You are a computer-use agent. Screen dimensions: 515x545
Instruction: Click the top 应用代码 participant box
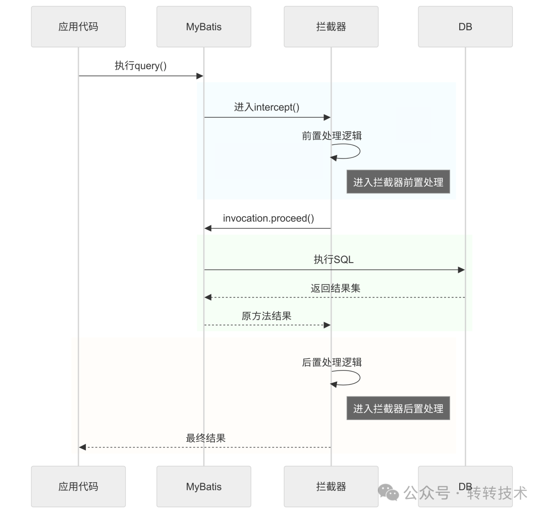point(78,27)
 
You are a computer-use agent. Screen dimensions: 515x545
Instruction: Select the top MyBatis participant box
point(203,27)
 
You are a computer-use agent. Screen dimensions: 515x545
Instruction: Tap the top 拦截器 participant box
point(331,27)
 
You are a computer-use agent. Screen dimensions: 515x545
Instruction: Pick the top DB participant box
point(465,27)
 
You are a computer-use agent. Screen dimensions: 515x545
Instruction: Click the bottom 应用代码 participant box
point(78,486)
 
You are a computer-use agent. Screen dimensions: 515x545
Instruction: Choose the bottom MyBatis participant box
point(203,486)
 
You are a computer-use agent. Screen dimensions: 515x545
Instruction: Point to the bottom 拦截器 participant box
point(331,486)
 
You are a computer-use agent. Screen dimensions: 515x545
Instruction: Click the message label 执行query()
point(140,66)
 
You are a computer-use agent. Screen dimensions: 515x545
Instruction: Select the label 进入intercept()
point(266,107)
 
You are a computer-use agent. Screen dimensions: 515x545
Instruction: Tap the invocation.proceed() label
point(268,218)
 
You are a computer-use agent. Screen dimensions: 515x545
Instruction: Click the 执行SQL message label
point(334,260)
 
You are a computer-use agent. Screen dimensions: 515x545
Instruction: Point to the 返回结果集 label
point(335,288)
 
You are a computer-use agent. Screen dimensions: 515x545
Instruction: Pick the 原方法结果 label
point(266,316)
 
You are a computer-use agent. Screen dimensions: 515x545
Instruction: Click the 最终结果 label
point(205,438)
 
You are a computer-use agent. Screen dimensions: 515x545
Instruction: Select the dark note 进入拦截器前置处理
point(398,182)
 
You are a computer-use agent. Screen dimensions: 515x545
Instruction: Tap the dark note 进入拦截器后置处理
point(398,408)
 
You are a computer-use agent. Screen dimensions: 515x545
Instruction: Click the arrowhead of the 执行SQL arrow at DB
point(461,270)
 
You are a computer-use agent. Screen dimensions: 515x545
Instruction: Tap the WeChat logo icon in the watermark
point(388,492)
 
